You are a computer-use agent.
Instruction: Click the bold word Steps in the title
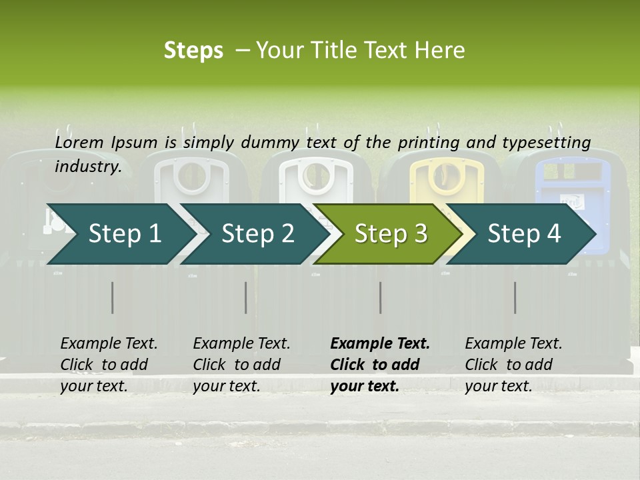pyautogui.click(x=193, y=50)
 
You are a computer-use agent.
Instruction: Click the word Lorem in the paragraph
pyautogui.click(x=79, y=142)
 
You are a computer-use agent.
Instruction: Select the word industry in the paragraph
pyautogui.click(x=87, y=166)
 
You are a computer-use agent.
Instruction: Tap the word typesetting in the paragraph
pyautogui.click(x=546, y=142)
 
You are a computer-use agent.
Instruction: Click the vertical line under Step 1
pyautogui.click(x=113, y=297)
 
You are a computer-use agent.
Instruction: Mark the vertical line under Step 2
pyautogui.click(x=246, y=297)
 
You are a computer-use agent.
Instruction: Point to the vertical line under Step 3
pyautogui.click(x=380, y=297)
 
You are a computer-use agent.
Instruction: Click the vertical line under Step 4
pyautogui.click(x=515, y=297)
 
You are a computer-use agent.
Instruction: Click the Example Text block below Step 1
pyautogui.click(x=109, y=365)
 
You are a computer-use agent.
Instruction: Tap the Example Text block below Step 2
pyautogui.click(x=241, y=365)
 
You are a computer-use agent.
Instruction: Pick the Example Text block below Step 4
pyautogui.click(x=513, y=365)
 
